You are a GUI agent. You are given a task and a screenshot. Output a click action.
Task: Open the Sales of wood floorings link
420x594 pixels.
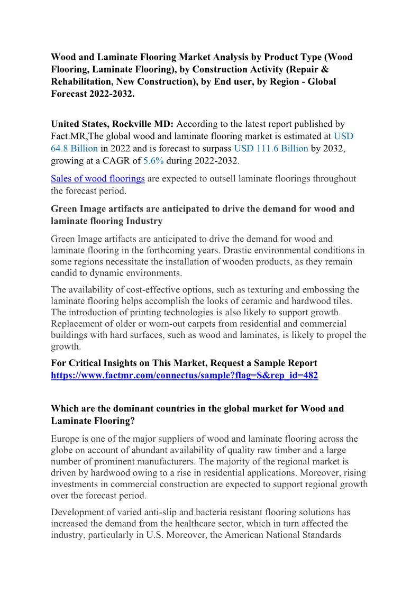click(x=98, y=179)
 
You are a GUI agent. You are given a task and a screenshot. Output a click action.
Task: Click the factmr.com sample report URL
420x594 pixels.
click(x=184, y=376)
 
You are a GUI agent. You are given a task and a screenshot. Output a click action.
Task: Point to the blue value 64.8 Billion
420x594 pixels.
click(x=74, y=148)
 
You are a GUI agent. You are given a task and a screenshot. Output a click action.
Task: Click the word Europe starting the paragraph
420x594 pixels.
click(x=65, y=438)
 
